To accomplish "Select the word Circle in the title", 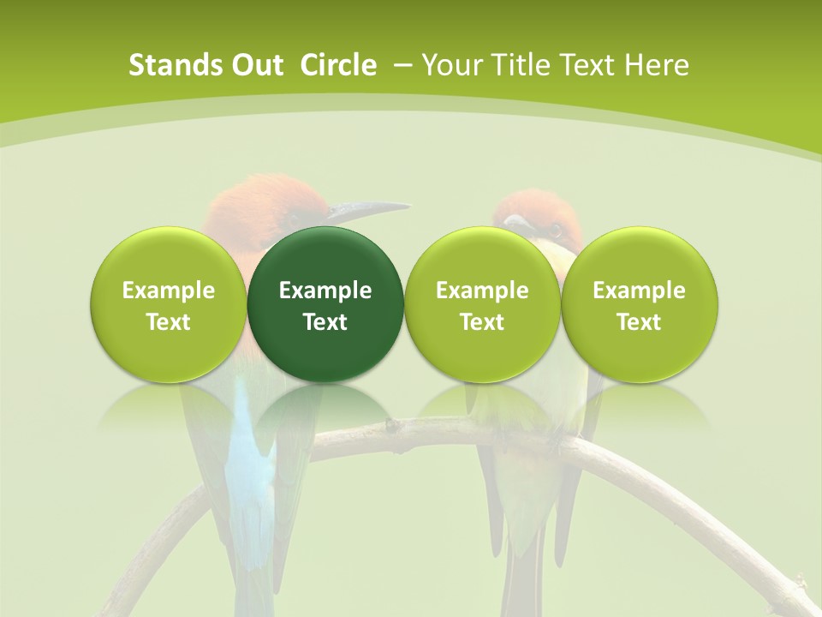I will pyautogui.click(x=338, y=65).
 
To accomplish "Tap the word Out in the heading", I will pyautogui.click(x=254, y=65).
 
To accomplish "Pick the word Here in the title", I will pyautogui.click(x=657, y=65).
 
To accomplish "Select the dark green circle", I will pyautogui.click(x=325, y=304).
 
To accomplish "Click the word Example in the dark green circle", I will pyautogui.click(x=325, y=291).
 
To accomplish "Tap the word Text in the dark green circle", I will pyautogui.click(x=325, y=322).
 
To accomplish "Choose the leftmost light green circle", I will pyautogui.click(x=169, y=304).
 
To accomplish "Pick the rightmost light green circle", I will pyautogui.click(x=640, y=304).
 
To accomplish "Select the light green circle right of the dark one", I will pyautogui.click(x=482, y=304).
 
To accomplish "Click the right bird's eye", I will pyautogui.click(x=555, y=228).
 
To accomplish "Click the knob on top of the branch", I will pyautogui.click(x=391, y=423).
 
